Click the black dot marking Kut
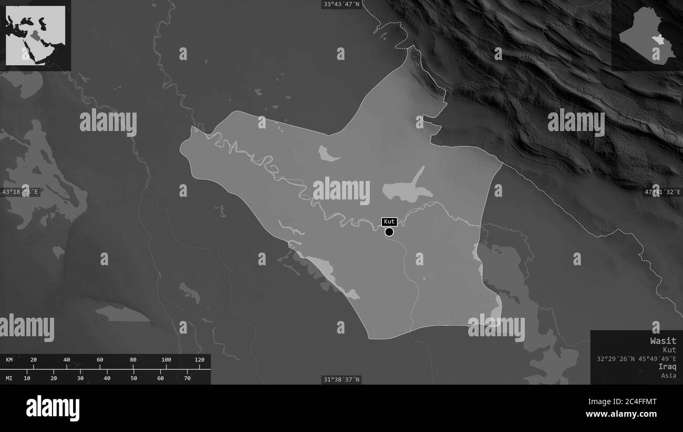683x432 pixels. (389, 232)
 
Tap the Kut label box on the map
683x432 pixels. (389, 222)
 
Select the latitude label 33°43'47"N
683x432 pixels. (341, 4)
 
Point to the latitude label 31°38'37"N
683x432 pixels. (341, 379)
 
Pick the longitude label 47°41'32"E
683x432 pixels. (663, 192)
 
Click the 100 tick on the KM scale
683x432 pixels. (166, 360)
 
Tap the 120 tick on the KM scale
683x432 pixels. (199, 360)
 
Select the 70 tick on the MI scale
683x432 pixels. (188, 378)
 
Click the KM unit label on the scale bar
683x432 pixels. (9, 360)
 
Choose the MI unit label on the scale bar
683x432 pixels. (9, 378)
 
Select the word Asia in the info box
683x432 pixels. (669, 375)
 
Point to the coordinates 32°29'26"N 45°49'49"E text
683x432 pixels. (636, 358)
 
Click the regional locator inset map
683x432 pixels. (36, 36)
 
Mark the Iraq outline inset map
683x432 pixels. (647, 36)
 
